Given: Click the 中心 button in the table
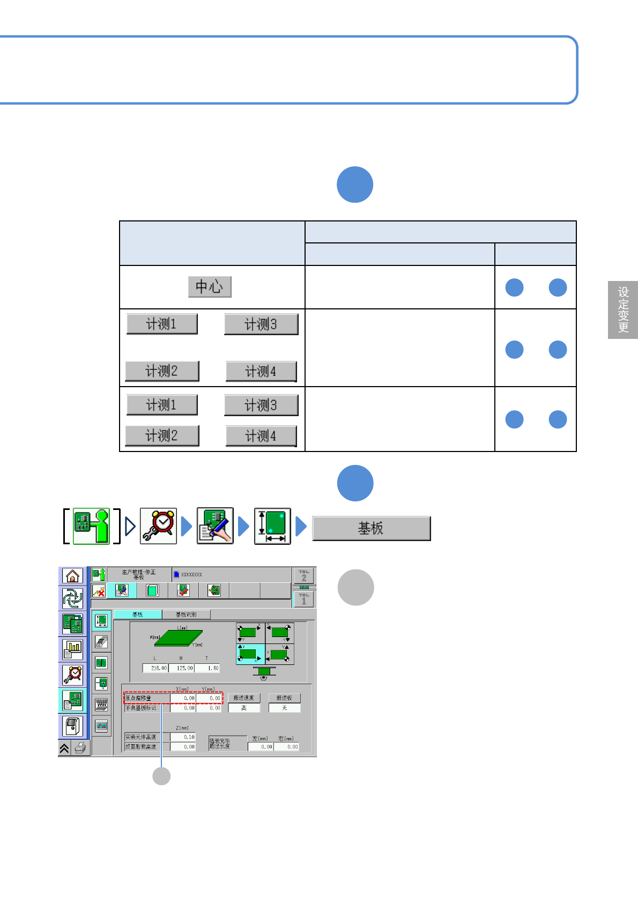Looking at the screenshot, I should click(210, 287).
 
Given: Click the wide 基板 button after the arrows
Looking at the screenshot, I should click(371, 529).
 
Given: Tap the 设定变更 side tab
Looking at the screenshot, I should click(623, 310).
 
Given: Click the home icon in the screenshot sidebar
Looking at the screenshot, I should click(72, 576).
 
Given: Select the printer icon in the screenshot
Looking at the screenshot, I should click(81, 748).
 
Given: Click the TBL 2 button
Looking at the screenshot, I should click(304, 576).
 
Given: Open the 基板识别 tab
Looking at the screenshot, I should click(186, 615).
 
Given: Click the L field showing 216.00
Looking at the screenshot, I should click(155, 668).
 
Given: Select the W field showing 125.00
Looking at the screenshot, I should click(182, 668).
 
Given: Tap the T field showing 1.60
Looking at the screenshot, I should click(207, 668).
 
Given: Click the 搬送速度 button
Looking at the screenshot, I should click(243, 698).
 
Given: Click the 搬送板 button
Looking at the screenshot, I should click(284, 698).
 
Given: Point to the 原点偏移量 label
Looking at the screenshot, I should click(146, 698).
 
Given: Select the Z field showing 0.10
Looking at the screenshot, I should click(183, 737).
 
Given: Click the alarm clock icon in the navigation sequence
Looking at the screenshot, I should click(158, 526).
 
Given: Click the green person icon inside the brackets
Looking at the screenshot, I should click(92, 526).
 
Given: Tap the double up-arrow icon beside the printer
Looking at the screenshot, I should click(64, 749).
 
